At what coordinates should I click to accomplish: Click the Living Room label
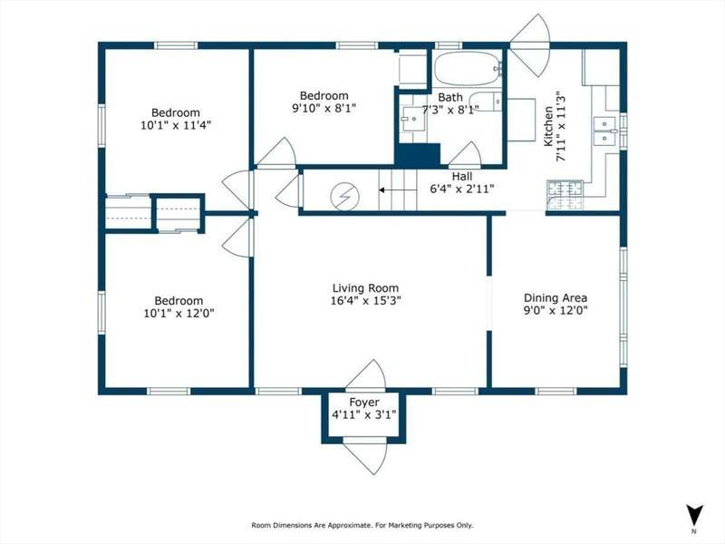pos(365,288)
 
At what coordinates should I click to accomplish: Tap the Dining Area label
pos(556,298)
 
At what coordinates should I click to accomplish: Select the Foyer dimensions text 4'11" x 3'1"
pos(364,414)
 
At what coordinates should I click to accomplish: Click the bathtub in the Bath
pos(468,69)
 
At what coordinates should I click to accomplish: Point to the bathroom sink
pos(413,119)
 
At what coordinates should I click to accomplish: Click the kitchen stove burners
pos(565,194)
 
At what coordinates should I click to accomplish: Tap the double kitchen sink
pos(604,131)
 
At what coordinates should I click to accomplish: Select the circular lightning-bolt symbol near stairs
pos(345,197)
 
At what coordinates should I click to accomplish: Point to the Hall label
pos(462,176)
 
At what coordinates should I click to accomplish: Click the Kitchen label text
pos(548,126)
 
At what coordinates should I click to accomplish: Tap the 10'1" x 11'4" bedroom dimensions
pos(176,125)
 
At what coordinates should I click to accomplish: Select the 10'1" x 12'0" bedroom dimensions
pos(179,313)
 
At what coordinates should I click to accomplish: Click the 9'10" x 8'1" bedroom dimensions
pos(324,108)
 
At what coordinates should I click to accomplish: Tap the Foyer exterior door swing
pos(365,456)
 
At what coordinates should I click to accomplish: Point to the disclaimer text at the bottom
pos(362,525)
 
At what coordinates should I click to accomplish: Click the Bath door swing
pos(465,154)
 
